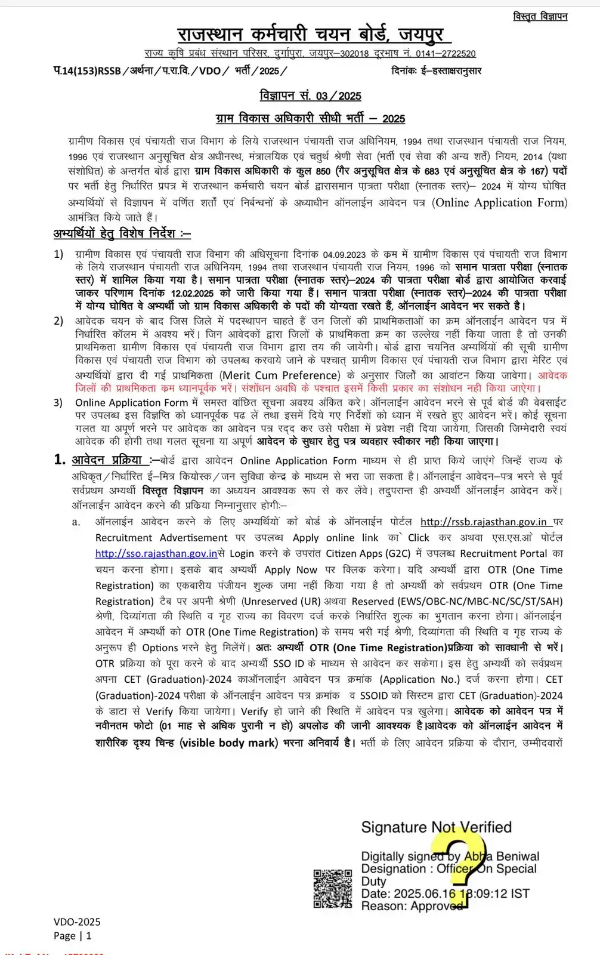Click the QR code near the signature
pyautogui.click(x=333, y=889)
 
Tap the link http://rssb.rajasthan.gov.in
pyautogui.click(x=483, y=522)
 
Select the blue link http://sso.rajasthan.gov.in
pyautogui.click(x=156, y=553)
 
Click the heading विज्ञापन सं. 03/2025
pyautogui.click(x=310, y=96)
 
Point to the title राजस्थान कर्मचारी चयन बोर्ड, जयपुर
pyautogui.click(x=310, y=34)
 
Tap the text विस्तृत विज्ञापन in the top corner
pyautogui.click(x=540, y=17)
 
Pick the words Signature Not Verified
pyautogui.click(x=436, y=827)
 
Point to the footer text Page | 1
pyautogui.click(x=73, y=935)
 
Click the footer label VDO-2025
pyautogui.click(x=77, y=922)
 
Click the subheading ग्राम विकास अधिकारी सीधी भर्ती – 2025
pyautogui.click(x=310, y=118)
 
